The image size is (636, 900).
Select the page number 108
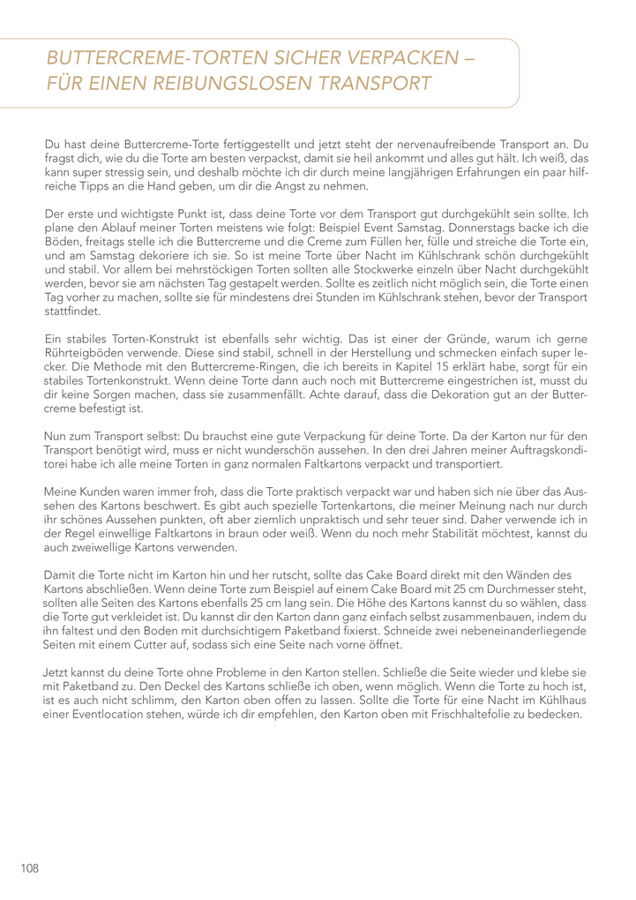click(30, 868)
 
